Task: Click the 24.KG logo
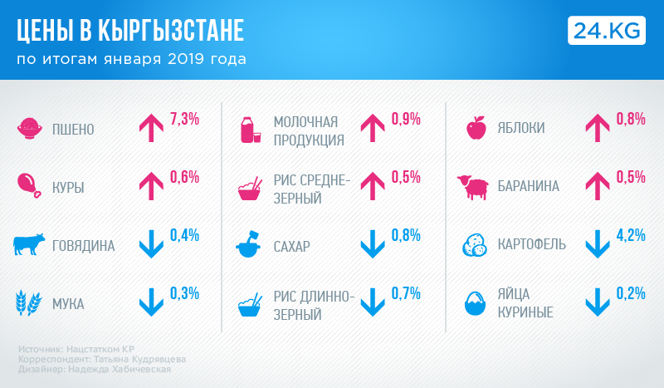tap(607, 29)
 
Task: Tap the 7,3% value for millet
tap(184, 118)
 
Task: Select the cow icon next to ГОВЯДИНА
tap(29, 245)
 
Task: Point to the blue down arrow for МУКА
tap(150, 302)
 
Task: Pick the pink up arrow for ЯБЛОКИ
tap(598, 127)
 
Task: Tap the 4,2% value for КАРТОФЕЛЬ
tap(631, 234)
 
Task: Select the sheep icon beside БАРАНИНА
tap(473, 187)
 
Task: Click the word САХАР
tap(291, 247)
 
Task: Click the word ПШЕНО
tap(73, 130)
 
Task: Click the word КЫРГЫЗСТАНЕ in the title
tap(171, 31)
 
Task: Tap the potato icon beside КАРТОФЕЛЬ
tap(477, 245)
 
